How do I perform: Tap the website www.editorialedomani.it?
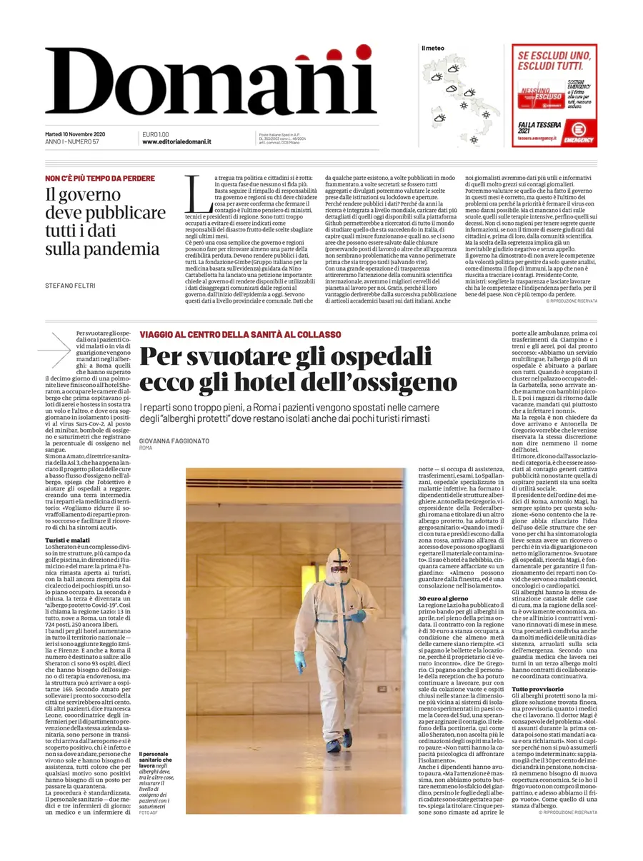pos(176,142)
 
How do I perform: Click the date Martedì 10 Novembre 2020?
pos(75,134)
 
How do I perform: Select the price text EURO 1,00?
pos(156,134)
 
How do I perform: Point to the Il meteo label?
pos(432,48)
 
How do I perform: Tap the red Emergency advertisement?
pos(554,96)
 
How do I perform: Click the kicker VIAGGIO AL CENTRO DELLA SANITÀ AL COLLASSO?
pos(240,334)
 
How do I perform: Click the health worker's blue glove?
pos(299,660)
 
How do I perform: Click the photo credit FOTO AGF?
pos(149,812)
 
